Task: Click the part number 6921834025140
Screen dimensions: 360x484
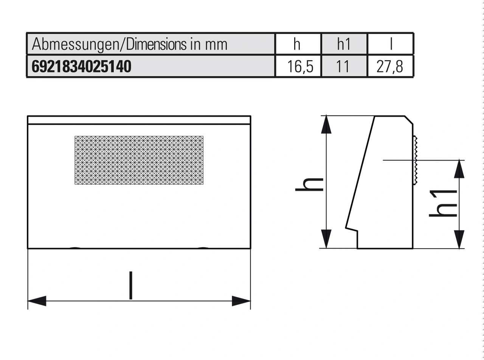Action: coord(82,67)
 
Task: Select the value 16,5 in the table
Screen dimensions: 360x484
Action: coord(299,67)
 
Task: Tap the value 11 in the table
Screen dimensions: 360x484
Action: coord(344,67)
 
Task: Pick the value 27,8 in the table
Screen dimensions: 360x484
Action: coord(389,67)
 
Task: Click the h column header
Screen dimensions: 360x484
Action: coord(297,44)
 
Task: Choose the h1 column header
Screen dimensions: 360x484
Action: coord(344,44)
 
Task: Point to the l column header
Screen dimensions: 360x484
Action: coord(391,44)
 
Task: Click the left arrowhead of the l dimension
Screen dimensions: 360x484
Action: coord(37,301)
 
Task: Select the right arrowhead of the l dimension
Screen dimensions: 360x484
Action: coord(241,301)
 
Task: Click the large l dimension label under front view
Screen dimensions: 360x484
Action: coord(130,286)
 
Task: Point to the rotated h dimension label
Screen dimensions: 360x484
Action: coord(309,184)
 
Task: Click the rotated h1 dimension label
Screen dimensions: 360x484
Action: coord(442,203)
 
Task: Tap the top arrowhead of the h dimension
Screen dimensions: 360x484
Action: coord(326,125)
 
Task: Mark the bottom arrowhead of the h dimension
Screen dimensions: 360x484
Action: coord(326,239)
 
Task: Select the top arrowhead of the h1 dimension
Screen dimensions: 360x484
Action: coord(459,169)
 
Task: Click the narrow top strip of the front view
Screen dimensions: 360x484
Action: coord(139,120)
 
